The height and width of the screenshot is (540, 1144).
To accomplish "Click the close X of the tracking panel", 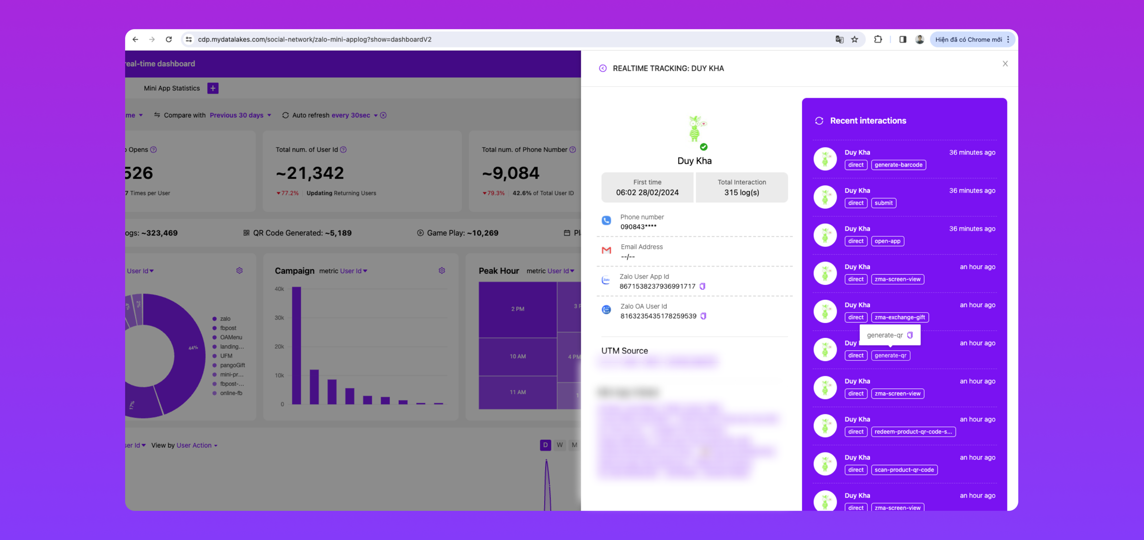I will click(1005, 64).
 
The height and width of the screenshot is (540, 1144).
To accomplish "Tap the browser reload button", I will click(169, 39).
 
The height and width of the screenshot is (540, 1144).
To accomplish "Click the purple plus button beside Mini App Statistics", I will click(213, 88).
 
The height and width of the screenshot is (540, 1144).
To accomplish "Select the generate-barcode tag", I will click(898, 165).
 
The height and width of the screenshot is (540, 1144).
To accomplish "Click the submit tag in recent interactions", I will click(883, 203).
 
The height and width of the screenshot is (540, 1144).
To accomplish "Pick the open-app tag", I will click(887, 241).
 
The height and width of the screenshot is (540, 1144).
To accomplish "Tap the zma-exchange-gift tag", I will click(900, 317).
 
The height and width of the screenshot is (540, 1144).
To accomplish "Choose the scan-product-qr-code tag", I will click(904, 470).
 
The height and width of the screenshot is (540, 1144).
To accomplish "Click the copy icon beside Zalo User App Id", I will click(703, 286).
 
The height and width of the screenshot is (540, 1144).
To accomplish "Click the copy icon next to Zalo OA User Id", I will click(704, 316).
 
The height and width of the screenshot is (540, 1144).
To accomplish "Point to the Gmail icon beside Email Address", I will click(606, 251).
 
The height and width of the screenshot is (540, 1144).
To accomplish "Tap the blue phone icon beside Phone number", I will click(606, 220).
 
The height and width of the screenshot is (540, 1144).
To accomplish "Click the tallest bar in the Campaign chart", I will click(296, 345).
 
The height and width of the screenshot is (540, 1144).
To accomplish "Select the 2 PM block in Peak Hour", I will click(517, 309).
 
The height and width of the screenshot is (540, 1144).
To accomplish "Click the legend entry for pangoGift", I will click(232, 365).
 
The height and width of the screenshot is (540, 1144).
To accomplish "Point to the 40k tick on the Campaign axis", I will click(280, 289).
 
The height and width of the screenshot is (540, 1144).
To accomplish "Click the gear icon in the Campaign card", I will click(442, 270).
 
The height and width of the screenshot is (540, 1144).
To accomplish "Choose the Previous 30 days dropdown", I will click(240, 115).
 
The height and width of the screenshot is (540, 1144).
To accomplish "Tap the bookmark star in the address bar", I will click(855, 39).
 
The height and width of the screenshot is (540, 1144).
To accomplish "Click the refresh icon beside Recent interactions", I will click(819, 121).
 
